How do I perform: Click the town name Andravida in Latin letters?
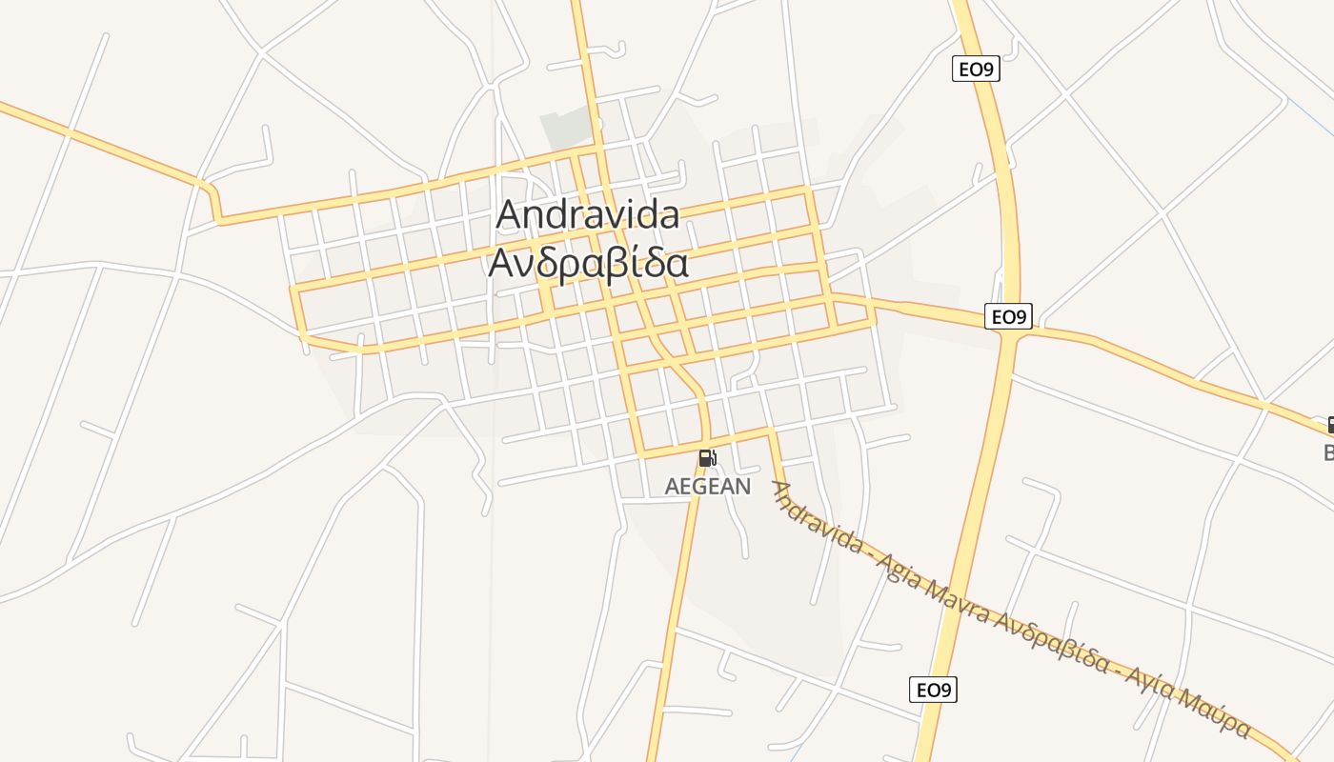(x=588, y=214)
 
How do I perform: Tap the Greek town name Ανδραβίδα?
(x=588, y=263)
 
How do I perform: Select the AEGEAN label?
(x=707, y=487)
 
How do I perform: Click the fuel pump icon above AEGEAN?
(x=707, y=458)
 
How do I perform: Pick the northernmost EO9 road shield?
(x=976, y=69)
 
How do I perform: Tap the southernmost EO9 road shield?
(x=933, y=690)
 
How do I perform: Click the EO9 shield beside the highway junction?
(x=1008, y=316)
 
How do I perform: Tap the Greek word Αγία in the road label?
(x=1148, y=686)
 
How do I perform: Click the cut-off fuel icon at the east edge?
(x=1330, y=425)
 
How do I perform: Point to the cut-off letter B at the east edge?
(x=1329, y=451)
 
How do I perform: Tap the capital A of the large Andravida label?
(x=510, y=215)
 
